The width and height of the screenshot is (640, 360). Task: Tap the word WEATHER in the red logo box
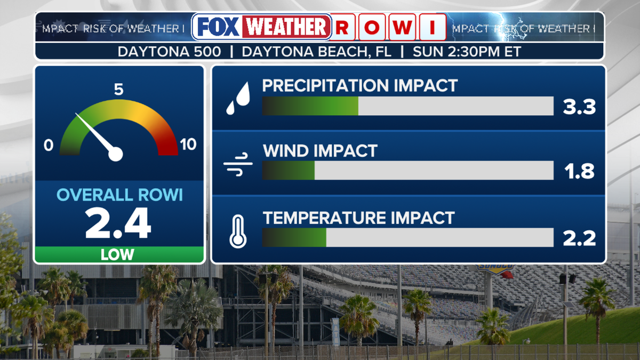click(286, 27)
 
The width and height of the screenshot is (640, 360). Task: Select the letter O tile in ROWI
click(372, 27)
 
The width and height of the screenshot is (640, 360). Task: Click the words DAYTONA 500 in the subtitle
click(169, 52)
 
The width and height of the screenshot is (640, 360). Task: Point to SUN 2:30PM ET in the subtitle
click(467, 52)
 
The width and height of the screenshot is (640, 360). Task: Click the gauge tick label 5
click(118, 89)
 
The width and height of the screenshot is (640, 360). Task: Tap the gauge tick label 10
click(188, 145)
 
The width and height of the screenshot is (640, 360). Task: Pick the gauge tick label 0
click(49, 145)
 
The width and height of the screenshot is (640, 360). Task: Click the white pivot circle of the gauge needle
click(115, 154)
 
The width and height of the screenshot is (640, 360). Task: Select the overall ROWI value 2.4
click(118, 223)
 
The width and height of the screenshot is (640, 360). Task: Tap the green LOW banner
click(119, 254)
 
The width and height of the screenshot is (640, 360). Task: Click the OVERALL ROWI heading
click(119, 195)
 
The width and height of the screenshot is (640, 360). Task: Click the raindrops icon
click(238, 98)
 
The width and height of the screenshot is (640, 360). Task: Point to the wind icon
click(238, 164)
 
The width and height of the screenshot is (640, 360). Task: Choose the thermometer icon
click(238, 231)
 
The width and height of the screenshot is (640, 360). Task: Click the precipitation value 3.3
click(579, 107)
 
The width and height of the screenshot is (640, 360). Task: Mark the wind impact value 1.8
click(579, 171)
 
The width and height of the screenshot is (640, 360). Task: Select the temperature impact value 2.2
click(579, 238)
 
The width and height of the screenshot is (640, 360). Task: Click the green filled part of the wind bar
click(289, 170)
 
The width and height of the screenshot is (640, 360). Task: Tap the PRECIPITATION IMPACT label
click(359, 85)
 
